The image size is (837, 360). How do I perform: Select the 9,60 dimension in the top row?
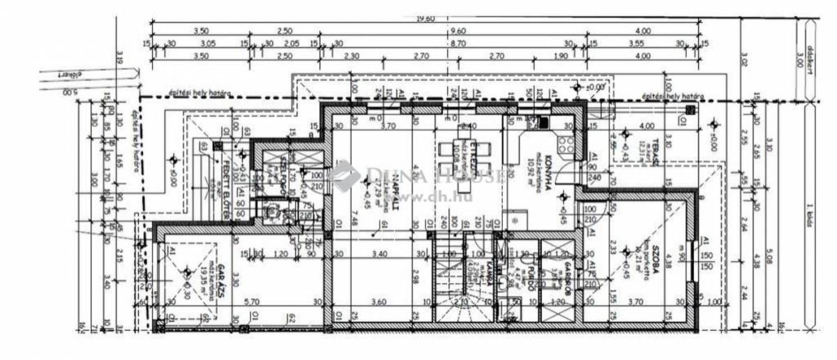[x=458, y=31]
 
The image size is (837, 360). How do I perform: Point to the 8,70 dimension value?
[x=458, y=43]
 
